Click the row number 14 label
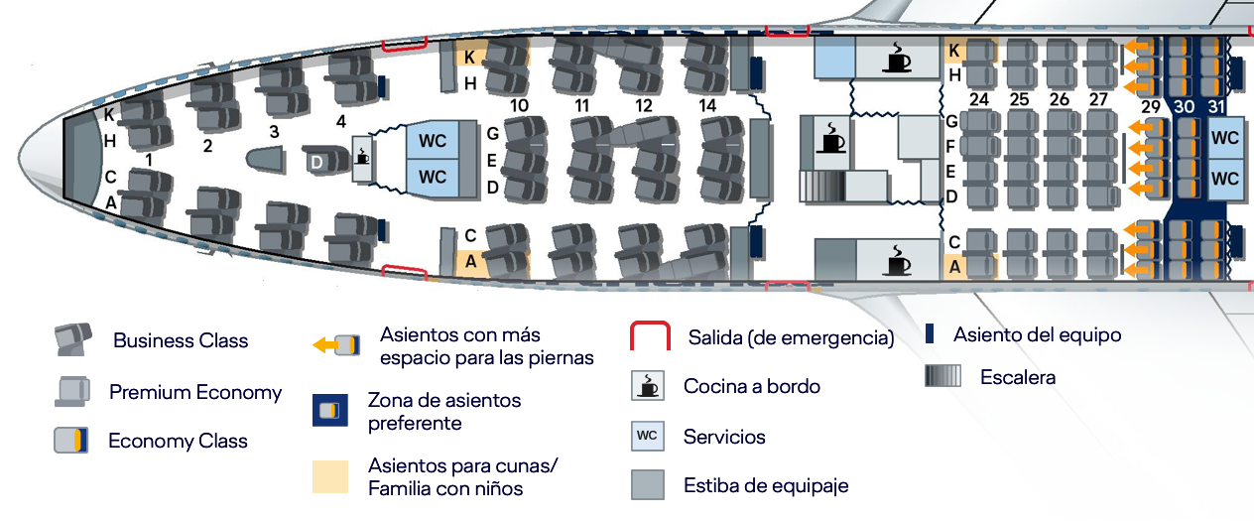(x=707, y=106)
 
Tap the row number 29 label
(x=1151, y=106)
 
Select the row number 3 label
(x=274, y=132)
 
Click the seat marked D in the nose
(x=325, y=160)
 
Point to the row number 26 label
(x=1060, y=99)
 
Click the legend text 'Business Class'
(x=181, y=340)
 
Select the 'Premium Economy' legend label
(x=195, y=392)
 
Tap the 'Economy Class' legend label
(x=178, y=441)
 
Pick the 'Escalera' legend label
(x=1018, y=377)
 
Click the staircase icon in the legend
(x=942, y=376)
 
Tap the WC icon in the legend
(x=648, y=436)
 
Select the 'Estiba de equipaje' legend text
(x=766, y=485)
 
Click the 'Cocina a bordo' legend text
(x=752, y=387)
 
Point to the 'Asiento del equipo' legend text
(x=1038, y=335)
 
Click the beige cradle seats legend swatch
(x=330, y=476)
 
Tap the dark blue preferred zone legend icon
(x=330, y=410)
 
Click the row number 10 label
(x=519, y=106)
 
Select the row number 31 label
(x=1215, y=106)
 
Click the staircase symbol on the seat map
(x=821, y=186)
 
